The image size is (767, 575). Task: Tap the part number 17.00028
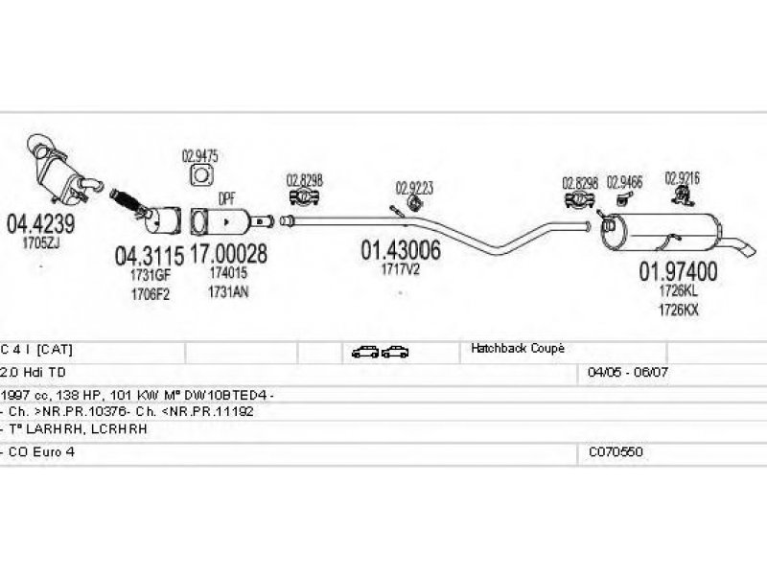tap(228, 255)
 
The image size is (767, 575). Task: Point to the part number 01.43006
tap(401, 251)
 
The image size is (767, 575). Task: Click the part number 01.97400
tap(678, 271)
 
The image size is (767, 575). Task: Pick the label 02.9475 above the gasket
tap(200, 156)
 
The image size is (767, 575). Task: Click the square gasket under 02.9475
tap(201, 175)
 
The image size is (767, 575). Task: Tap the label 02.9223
tap(414, 188)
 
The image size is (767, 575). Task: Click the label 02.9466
tap(625, 180)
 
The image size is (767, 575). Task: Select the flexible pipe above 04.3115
tap(128, 201)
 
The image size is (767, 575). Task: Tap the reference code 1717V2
tap(401, 269)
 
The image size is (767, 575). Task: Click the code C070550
tap(615, 450)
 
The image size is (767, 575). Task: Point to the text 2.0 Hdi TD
tap(35, 371)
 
